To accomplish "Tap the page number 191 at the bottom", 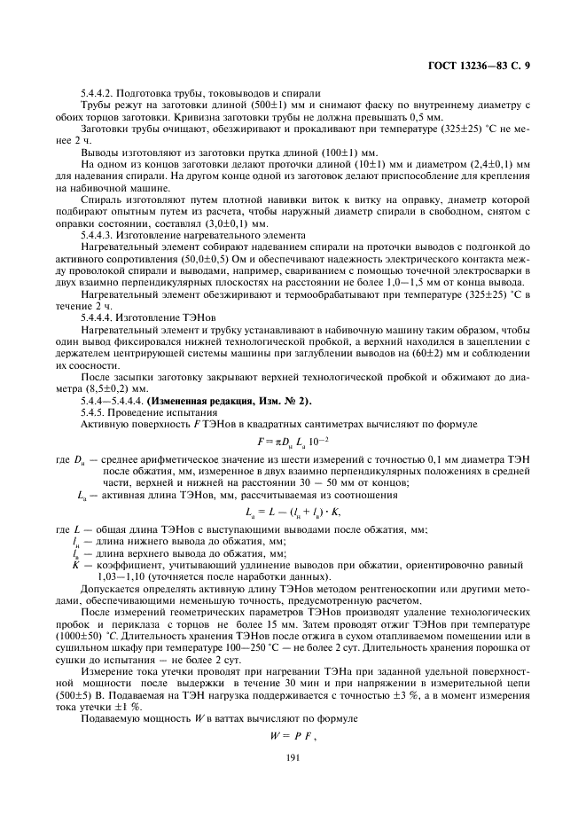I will (x=292, y=756).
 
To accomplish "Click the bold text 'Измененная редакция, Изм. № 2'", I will (x=229, y=401).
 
